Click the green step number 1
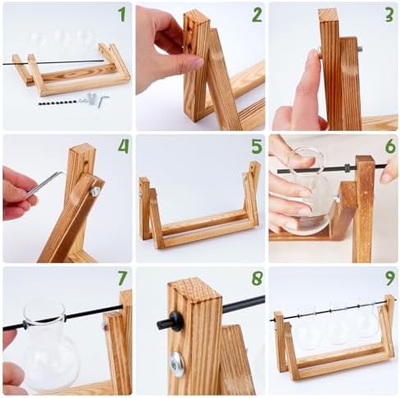(122, 15)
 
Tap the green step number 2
(257, 15)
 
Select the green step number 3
(389, 15)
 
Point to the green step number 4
(123, 147)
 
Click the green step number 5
(257, 147)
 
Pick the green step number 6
(390, 147)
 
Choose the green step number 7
(122, 278)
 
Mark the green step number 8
(257, 278)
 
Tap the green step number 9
(390, 278)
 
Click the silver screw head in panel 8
(177, 364)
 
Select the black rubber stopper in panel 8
(175, 322)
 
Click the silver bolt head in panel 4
(96, 191)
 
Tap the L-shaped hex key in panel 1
(102, 100)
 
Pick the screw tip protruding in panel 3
(360, 49)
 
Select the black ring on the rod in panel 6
(348, 168)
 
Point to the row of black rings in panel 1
(58, 103)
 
